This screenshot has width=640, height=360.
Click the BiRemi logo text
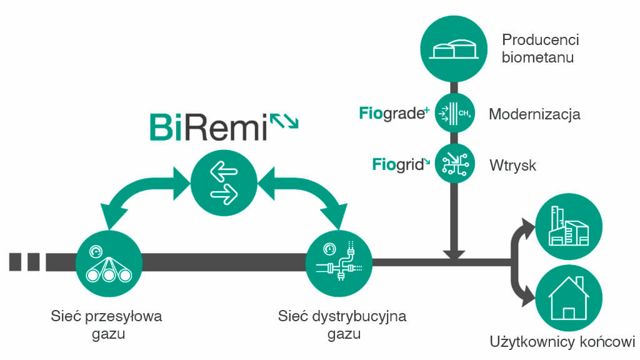click(x=209, y=127)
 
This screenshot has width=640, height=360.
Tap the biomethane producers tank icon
click(x=454, y=49)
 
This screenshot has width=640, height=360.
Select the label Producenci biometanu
click(x=540, y=49)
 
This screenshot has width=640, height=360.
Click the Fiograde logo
click(x=394, y=113)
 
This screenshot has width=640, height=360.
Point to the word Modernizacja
click(x=534, y=114)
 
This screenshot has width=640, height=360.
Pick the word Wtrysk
click(x=512, y=165)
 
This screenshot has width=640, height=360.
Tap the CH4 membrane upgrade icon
click(x=455, y=113)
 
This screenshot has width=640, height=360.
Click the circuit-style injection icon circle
click(x=455, y=164)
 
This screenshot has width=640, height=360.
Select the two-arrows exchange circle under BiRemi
click(x=224, y=183)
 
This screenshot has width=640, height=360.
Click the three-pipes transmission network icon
click(x=109, y=263)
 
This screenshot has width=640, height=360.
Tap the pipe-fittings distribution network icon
click(x=339, y=263)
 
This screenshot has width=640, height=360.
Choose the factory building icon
click(x=569, y=226)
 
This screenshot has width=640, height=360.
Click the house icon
click(x=569, y=298)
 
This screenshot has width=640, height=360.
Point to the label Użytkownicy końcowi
click(x=562, y=342)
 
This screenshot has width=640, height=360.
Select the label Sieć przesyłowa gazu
click(x=106, y=325)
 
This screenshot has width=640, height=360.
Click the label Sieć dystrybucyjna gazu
click(x=342, y=325)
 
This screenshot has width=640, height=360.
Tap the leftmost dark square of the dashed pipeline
click(x=15, y=262)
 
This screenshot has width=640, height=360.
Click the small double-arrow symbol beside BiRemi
click(x=284, y=121)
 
